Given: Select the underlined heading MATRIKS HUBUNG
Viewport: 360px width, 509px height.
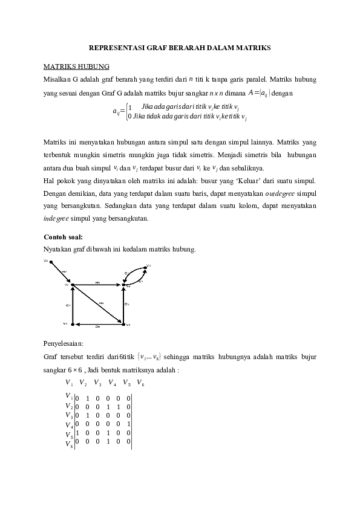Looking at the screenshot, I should click(76, 66).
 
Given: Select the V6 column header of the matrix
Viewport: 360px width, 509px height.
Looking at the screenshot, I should click(140, 383).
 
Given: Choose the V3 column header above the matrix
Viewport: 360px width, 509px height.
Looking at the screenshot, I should click(97, 383).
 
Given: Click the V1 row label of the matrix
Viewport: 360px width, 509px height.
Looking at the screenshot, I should click(68, 397).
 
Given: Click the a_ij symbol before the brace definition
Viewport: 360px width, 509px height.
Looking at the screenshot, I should click(117, 111).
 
